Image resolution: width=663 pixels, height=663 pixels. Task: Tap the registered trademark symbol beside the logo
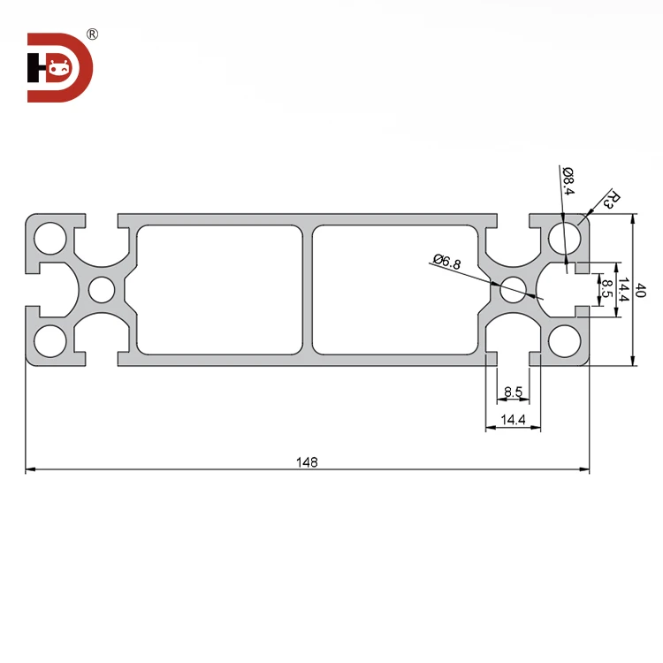(x=93, y=34)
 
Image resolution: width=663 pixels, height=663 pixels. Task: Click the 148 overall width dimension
(x=307, y=461)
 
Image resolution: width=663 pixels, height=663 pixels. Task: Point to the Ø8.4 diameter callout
(x=568, y=180)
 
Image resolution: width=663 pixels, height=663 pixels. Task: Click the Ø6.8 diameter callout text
(x=447, y=261)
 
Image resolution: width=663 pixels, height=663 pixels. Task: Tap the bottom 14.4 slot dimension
(x=514, y=421)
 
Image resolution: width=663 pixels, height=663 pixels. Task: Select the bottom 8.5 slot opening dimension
(x=514, y=392)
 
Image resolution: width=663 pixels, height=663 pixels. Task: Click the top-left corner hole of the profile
(x=50, y=239)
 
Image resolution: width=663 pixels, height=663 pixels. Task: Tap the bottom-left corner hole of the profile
(x=50, y=340)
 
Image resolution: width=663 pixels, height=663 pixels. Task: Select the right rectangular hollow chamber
(x=395, y=289)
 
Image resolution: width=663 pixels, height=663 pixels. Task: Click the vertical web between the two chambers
(x=308, y=289)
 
